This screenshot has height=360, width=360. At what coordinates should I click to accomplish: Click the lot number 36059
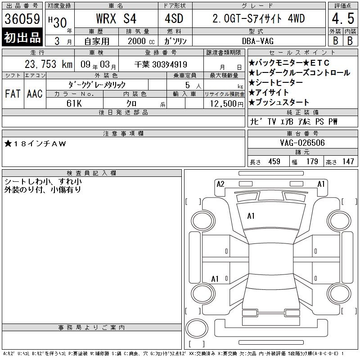point(22,19)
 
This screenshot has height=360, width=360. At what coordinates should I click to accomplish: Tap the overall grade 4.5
point(343,18)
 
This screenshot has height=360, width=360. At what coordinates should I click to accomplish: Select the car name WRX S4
point(116,18)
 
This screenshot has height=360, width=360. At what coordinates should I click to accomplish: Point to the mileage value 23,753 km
point(49,64)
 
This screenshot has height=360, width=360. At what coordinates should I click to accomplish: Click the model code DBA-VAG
point(258,41)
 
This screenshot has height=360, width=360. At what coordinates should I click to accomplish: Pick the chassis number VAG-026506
point(302,143)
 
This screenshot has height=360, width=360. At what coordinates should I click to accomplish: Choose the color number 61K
point(74,103)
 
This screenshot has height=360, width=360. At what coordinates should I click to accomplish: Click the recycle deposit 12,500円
point(226,104)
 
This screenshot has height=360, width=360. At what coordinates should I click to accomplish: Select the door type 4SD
point(174,18)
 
